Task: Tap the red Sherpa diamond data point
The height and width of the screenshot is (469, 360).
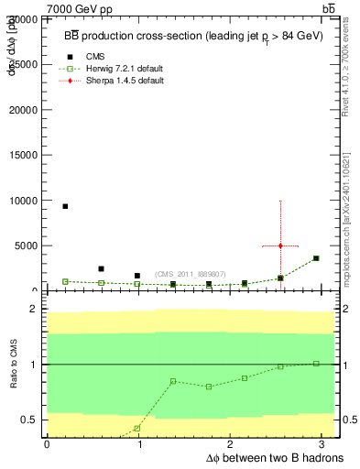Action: tap(280, 245)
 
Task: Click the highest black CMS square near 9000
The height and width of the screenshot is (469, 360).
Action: tap(65, 206)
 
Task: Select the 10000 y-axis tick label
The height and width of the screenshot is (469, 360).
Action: tap(25, 200)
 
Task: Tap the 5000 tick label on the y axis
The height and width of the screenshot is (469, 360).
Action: tap(27, 245)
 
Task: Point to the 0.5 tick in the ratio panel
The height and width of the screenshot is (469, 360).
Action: tap(28, 420)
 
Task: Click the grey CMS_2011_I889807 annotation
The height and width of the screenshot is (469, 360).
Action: tap(191, 274)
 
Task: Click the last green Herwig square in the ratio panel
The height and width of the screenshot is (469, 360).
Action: tap(316, 364)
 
